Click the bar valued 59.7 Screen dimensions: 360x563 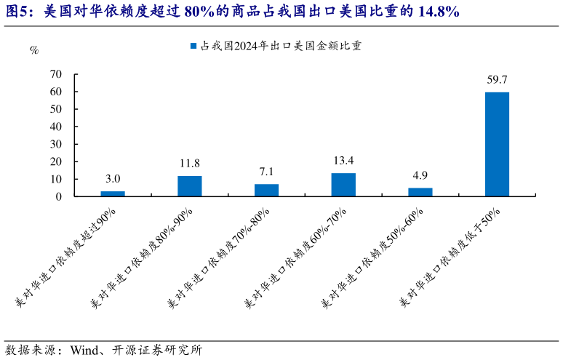[x=497, y=144]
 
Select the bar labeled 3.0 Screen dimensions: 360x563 [x=113, y=193]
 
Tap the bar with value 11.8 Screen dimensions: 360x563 [x=190, y=186]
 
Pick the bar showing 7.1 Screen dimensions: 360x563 [x=266, y=190]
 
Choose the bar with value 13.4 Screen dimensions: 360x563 [x=343, y=185]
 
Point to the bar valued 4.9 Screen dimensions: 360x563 [x=420, y=192]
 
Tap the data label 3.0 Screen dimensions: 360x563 [x=113, y=179]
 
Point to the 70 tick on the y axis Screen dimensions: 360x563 [x=56, y=74]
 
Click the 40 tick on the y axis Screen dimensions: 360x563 [x=56, y=127]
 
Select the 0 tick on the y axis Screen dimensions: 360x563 [x=59, y=196]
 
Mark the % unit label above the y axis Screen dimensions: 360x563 [x=34, y=50]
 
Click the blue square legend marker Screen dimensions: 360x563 [x=193, y=45]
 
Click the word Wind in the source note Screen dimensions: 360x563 [x=84, y=350]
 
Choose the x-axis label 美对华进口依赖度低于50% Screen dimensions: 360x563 [x=455, y=255]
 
